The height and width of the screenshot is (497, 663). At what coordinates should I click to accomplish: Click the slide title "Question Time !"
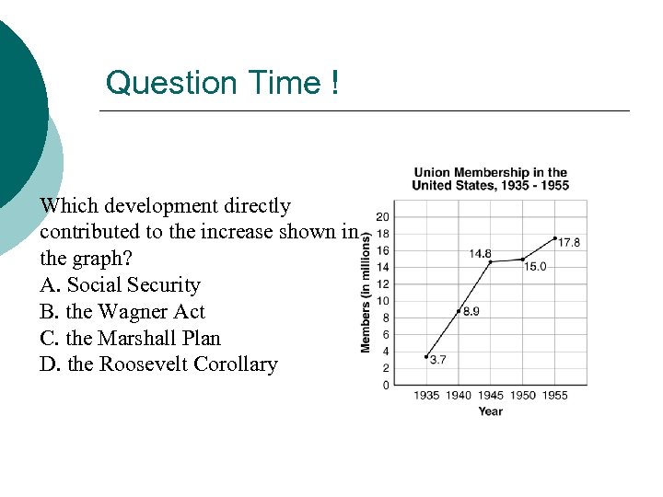(223, 83)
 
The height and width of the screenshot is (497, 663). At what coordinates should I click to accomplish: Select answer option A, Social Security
(120, 285)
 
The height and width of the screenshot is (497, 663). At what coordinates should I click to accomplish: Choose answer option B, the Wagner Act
(122, 312)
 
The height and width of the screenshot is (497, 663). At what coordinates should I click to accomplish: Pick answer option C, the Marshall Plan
(131, 338)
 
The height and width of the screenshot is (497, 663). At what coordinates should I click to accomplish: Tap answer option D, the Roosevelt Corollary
(158, 364)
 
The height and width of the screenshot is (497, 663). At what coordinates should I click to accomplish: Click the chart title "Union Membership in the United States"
(490, 179)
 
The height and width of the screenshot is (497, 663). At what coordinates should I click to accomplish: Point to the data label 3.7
(437, 360)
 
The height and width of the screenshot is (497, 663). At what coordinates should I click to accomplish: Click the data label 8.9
(470, 312)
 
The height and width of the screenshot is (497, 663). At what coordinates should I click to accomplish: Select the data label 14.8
(480, 253)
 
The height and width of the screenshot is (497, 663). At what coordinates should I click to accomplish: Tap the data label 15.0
(535, 267)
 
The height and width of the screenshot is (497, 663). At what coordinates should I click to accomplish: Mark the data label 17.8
(569, 243)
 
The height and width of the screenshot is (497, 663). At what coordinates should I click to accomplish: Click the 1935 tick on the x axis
(426, 396)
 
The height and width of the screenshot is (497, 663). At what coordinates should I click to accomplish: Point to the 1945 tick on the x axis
(491, 396)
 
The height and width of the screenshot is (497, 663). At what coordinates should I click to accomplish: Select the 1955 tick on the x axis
(554, 396)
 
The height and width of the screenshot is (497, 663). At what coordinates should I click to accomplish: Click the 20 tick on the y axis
(383, 216)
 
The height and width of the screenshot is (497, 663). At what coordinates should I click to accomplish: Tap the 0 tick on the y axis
(385, 385)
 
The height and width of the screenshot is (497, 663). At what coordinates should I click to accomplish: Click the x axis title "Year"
(491, 411)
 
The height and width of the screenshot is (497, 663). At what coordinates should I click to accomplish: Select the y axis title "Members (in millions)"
(366, 292)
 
